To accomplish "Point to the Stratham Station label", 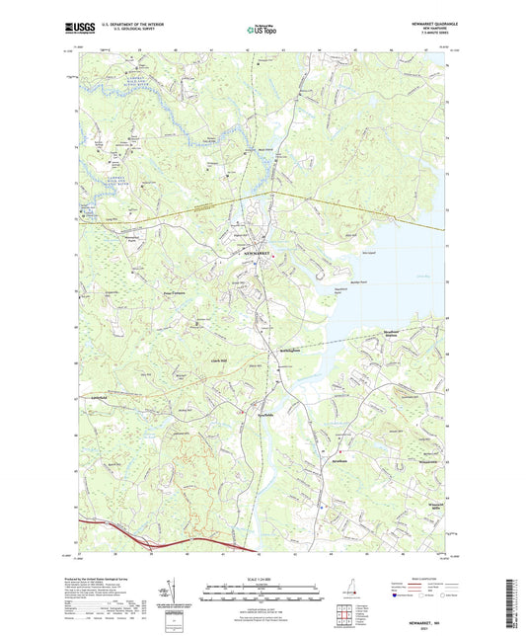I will tap(396, 335).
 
